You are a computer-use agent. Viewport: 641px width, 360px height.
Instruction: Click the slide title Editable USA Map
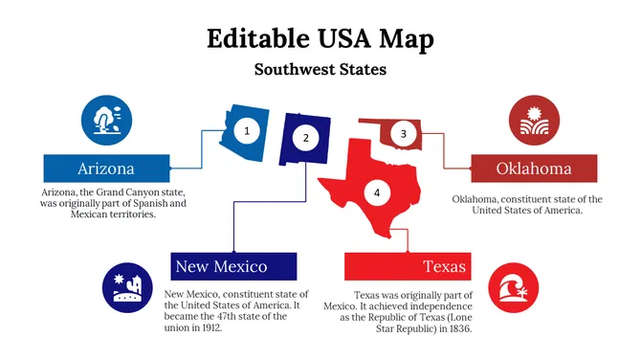pos(320,38)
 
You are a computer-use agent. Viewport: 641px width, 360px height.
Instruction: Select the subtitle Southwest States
pos(320,70)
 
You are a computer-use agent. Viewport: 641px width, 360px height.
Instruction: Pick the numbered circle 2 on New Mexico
pos(305,138)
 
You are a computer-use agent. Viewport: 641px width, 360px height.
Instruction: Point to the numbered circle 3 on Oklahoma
pos(404,134)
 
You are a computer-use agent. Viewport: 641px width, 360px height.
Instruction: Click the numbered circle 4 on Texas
pos(377,193)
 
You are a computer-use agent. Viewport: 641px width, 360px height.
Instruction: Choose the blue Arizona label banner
pos(106,169)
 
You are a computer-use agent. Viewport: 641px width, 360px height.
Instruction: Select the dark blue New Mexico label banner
pos(233,266)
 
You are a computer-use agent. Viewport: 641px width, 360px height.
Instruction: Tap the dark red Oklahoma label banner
pos(534,169)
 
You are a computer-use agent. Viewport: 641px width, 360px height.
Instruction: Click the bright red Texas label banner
pos(407,266)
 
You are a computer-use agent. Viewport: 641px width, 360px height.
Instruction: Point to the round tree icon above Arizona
pos(105,120)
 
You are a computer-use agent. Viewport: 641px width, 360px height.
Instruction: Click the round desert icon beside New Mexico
pos(127,287)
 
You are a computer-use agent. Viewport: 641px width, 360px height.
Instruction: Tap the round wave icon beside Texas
pos(514,288)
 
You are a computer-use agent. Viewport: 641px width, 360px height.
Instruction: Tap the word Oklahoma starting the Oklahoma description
pos(475,199)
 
